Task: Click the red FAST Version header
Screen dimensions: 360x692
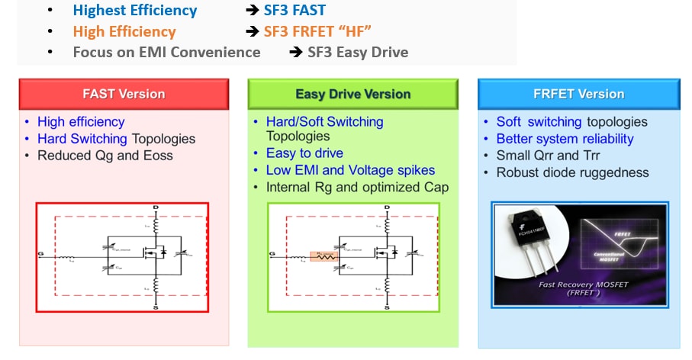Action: point(124,94)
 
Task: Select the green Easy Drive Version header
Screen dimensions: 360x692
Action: point(352,94)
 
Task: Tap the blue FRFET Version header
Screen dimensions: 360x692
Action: point(579,94)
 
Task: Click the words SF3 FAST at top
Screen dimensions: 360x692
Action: point(295,11)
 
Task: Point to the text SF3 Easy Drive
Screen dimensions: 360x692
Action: point(358,52)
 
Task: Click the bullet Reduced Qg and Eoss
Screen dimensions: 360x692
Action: point(105,156)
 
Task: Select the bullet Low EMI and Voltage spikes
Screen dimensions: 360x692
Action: point(350,170)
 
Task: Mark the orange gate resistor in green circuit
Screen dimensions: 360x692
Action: point(327,256)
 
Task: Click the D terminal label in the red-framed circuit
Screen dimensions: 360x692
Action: point(156,207)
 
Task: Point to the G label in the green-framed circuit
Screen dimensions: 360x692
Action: point(271,252)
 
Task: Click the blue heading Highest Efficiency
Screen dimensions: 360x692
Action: point(135,11)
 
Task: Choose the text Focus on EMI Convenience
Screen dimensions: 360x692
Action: point(166,52)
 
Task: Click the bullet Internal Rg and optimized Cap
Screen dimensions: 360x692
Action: point(357,187)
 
